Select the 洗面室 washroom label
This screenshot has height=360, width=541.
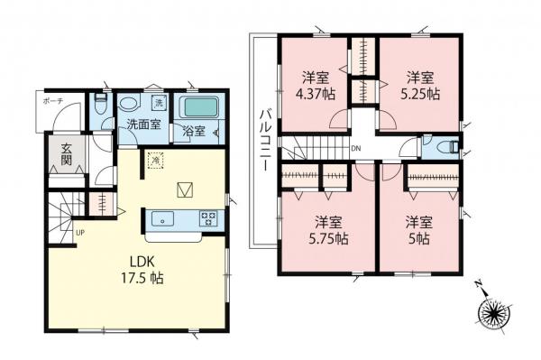pos(143,125)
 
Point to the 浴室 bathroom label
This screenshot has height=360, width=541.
pos(193,131)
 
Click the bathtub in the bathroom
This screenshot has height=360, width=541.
pos(200,108)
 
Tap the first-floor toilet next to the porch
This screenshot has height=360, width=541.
pos(101,106)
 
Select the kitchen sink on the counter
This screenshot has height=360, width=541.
pos(164,217)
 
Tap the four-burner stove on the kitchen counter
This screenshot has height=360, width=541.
pos(208,217)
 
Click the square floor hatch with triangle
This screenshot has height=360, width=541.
pos(185,189)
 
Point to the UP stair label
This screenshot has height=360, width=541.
pos(80,233)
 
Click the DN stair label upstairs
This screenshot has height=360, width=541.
pos(355,149)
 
